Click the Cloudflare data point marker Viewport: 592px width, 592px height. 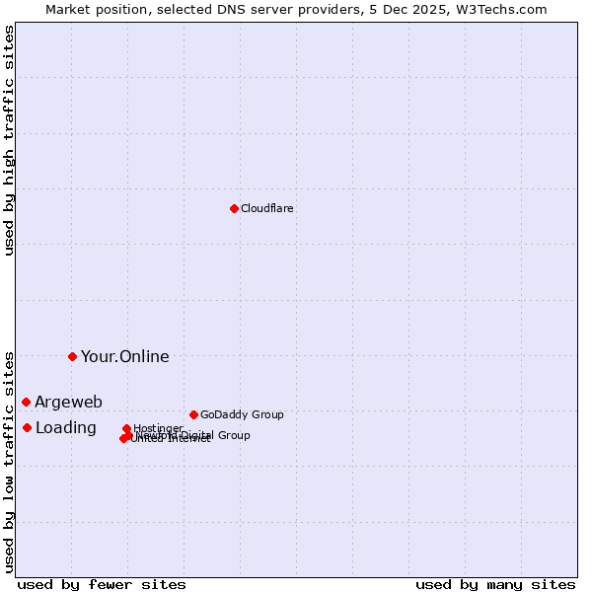click(x=234, y=208)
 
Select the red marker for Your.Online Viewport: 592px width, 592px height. click(x=72, y=356)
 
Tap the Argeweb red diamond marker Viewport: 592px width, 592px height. click(x=26, y=402)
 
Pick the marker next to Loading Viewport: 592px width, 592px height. click(x=27, y=427)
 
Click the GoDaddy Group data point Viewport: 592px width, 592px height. click(x=193, y=414)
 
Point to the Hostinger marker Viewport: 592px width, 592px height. click(x=126, y=428)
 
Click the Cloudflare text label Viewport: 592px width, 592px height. click(x=267, y=208)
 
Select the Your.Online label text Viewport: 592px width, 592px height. click(x=124, y=356)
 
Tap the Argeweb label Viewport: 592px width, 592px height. click(x=68, y=402)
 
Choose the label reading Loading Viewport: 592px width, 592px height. click(x=65, y=427)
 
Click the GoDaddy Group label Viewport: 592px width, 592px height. click(x=242, y=414)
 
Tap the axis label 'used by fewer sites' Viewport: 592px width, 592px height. click(x=102, y=584)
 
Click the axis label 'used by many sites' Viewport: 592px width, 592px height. click(x=495, y=584)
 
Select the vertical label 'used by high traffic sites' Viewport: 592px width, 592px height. click(x=9, y=140)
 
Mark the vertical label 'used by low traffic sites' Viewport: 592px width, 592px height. click(x=9, y=461)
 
